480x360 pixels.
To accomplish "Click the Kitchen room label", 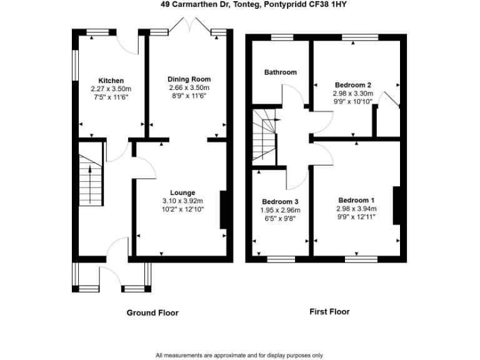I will (x=111, y=81).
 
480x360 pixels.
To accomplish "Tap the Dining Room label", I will (x=189, y=79).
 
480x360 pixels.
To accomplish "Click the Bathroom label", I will (x=280, y=72).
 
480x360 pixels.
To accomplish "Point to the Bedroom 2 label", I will (x=353, y=85).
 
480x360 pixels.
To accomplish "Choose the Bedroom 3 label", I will (x=279, y=202).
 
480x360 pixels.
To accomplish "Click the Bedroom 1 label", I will (x=353, y=201).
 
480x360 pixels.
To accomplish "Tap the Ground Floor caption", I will (x=152, y=312).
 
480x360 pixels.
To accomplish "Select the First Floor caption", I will (x=329, y=311).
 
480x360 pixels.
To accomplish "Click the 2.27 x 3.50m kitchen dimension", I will (x=111, y=89).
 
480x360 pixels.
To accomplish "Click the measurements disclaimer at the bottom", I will (x=239, y=354).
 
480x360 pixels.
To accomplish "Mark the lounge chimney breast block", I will (x=222, y=209).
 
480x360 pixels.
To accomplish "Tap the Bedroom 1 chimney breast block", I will (x=396, y=205).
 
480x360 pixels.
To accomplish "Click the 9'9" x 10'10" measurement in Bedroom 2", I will (x=353, y=101).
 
